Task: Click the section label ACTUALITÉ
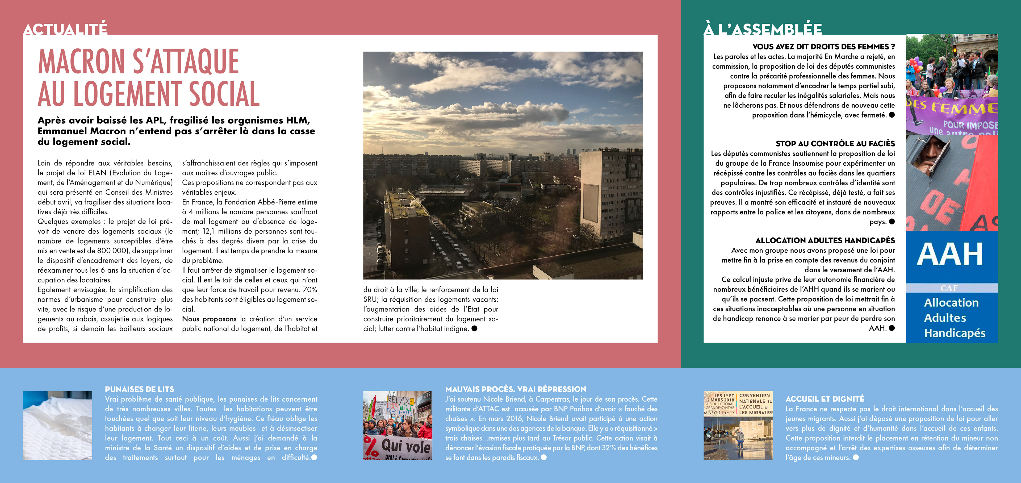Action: (x=65, y=29)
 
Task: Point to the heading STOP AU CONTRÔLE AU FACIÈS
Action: (x=835, y=144)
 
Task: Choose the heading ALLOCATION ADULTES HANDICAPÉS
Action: (x=825, y=240)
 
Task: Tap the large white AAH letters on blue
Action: (x=950, y=255)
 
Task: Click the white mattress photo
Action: (x=57, y=426)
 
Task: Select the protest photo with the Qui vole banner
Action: (x=397, y=426)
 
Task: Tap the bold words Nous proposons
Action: (x=209, y=319)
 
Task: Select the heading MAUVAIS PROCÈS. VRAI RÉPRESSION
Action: (x=515, y=389)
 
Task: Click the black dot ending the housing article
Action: (x=474, y=328)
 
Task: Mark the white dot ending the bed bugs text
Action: (x=314, y=457)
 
